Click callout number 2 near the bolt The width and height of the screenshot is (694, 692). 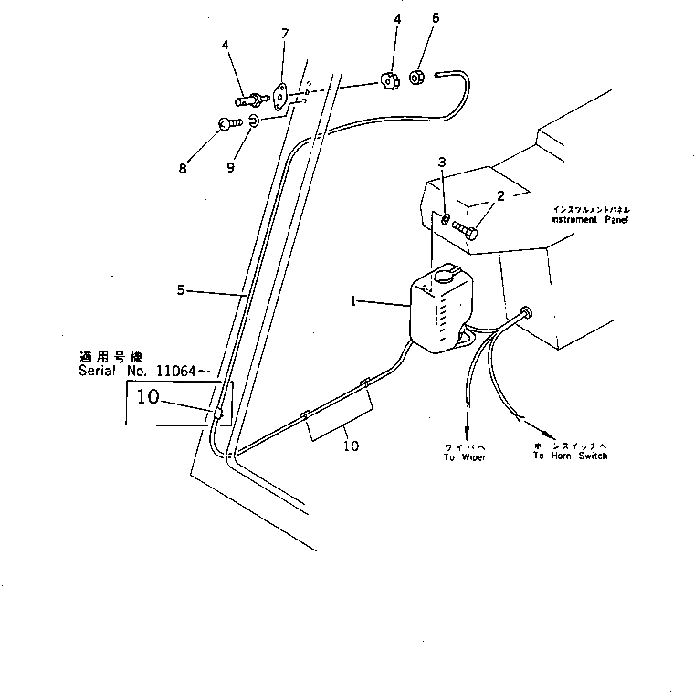(x=500, y=196)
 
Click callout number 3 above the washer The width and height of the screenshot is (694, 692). (x=442, y=163)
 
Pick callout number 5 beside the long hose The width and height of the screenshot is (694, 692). (x=181, y=289)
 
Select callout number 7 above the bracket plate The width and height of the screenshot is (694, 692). (x=285, y=34)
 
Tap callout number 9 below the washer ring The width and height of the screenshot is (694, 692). (x=230, y=168)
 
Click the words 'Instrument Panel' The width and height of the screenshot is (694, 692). (x=590, y=220)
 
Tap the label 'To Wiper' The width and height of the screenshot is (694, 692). (x=465, y=456)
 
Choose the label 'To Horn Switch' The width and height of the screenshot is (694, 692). (x=570, y=456)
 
